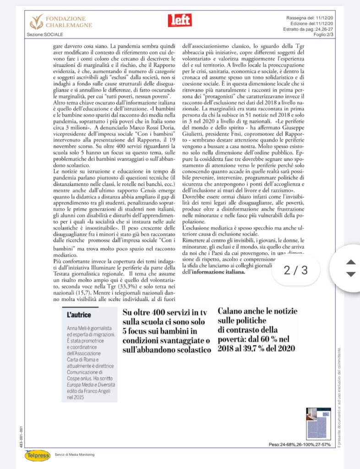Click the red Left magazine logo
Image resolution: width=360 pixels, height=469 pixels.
point(180,20)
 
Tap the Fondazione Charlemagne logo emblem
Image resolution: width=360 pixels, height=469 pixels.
point(37,21)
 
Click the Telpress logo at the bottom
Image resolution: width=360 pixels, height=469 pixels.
point(38,455)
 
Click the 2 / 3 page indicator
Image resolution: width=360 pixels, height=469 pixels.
point(295,270)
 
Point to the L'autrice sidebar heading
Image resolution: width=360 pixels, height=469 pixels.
point(79,315)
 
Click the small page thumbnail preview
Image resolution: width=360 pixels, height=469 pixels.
point(315,423)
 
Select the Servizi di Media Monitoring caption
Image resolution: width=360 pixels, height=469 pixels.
point(75,454)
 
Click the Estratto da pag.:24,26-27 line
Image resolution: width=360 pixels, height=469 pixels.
point(306,29)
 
